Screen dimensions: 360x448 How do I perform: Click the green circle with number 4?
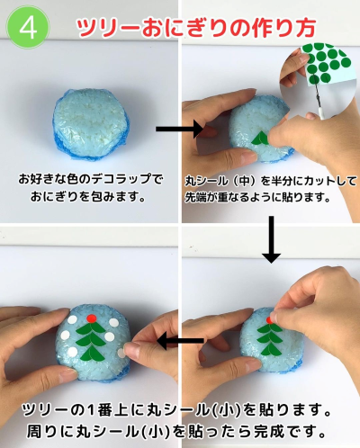(x=28, y=28)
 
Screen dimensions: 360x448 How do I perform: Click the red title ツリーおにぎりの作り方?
(x=196, y=28)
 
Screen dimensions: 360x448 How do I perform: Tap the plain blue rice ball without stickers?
(x=92, y=123)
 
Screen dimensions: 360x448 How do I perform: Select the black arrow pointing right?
(x=180, y=130)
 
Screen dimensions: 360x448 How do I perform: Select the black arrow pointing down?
(x=271, y=239)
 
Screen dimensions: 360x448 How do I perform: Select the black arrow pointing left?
(x=181, y=341)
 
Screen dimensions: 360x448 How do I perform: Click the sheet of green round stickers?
(x=326, y=65)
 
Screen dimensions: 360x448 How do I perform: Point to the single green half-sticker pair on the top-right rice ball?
(x=260, y=138)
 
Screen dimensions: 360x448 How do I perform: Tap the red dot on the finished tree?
(x=91, y=318)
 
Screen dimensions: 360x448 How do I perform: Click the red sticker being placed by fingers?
(x=269, y=319)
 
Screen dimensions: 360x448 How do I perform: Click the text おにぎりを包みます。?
(x=88, y=196)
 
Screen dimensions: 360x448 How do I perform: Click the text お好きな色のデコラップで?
(x=91, y=179)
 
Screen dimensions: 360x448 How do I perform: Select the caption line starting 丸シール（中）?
(x=271, y=181)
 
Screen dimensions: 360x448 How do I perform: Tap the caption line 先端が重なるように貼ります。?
(x=257, y=197)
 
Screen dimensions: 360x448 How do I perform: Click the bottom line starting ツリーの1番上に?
(x=177, y=410)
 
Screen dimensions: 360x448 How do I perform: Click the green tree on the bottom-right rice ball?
(x=269, y=339)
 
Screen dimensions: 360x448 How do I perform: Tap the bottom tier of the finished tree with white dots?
(x=93, y=353)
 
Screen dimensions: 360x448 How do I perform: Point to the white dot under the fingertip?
(x=121, y=354)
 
